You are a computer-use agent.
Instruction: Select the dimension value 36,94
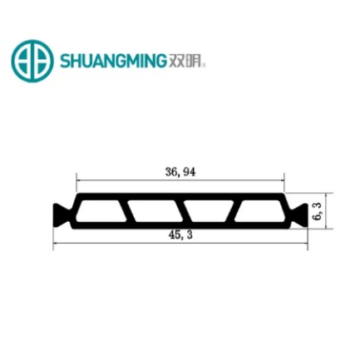click(x=180, y=173)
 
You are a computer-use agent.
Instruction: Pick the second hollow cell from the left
click(x=149, y=213)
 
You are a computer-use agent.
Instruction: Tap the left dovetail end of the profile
click(x=59, y=213)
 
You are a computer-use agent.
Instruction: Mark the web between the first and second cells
click(x=121, y=213)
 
